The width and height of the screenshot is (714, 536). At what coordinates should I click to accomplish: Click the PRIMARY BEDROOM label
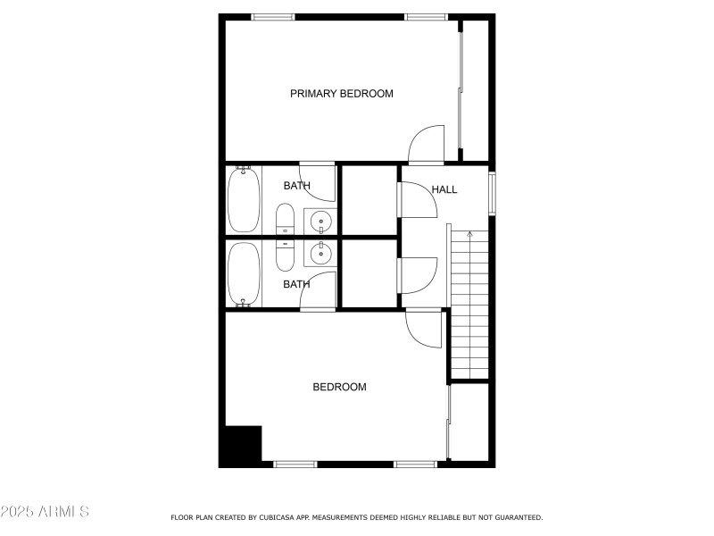(x=341, y=94)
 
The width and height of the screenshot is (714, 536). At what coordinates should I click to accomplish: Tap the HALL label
(x=444, y=189)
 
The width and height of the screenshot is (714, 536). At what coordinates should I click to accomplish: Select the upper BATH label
(x=296, y=186)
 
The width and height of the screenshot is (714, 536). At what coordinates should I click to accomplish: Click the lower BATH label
(x=296, y=284)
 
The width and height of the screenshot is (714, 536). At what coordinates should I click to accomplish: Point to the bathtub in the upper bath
(x=244, y=199)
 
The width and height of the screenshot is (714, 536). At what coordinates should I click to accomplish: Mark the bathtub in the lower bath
(x=244, y=274)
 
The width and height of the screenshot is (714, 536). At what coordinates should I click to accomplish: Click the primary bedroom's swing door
(x=425, y=145)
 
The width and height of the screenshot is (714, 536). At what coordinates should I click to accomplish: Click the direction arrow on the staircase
(x=469, y=235)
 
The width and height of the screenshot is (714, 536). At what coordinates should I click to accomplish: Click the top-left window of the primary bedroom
(x=272, y=17)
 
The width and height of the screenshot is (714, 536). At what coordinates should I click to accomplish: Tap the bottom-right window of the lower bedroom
(x=415, y=464)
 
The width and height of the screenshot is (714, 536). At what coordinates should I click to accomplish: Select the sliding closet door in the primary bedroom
(x=460, y=89)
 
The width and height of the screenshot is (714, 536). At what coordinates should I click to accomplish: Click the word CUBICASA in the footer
(x=276, y=517)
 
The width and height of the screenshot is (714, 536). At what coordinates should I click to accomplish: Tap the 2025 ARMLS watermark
(x=45, y=512)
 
